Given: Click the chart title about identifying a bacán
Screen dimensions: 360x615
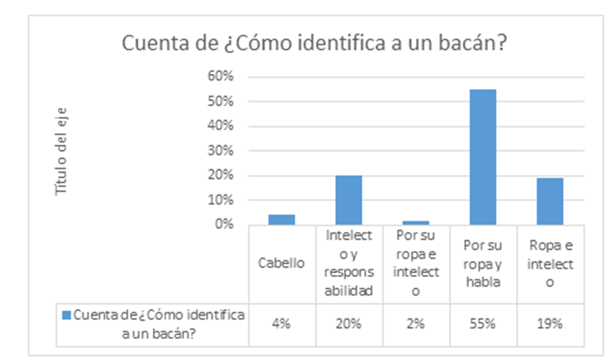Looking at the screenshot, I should pyautogui.click(x=314, y=44).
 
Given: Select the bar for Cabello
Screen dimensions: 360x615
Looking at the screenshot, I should pyautogui.click(x=282, y=220).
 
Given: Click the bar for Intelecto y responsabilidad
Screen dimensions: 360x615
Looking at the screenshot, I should pyautogui.click(x=349, y=200).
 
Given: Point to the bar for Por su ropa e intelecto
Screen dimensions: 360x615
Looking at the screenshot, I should pyautogui.click(x=416, y=222).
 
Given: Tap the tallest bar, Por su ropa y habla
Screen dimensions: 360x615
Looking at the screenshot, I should pyautogui.click(x=483, y=157).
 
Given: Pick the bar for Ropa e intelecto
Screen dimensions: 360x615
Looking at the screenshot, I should pyautogui.click(x=550, y=201).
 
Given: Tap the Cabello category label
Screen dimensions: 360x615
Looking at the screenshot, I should pyautogui.click(x=281, y=263).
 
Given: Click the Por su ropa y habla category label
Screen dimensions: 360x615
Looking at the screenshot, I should pyautogui.click(x=483, y=264).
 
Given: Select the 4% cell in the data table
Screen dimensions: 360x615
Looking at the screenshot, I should pyautogui.click(x=281, y=324).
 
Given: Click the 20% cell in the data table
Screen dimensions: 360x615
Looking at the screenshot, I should pyautogui.click(x=349, y=324).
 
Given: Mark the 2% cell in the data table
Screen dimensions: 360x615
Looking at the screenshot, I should pyautogui.click(x=416, y=324).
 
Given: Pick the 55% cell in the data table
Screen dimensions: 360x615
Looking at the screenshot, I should pyautogui.click(x=483, y=324).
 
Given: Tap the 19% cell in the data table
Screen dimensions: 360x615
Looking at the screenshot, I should pyautogui.click(x=550, y=324).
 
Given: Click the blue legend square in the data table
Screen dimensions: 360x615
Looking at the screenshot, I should pyautogui.click(x=66, y=316).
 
